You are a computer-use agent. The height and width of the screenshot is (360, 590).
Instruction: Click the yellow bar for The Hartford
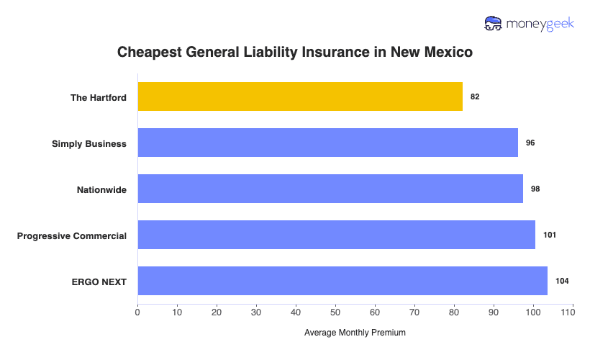point(300,96)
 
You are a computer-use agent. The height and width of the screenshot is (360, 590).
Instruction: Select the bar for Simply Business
point(327,143)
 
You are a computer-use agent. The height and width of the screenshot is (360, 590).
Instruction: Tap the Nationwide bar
point(330,189)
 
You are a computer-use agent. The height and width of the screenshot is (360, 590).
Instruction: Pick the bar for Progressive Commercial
point(336,235)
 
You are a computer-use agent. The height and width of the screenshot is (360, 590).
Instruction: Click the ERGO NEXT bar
point(342,281)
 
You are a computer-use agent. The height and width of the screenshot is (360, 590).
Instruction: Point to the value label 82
point(475,96)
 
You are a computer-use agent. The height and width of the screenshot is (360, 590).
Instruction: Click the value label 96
point(530,143)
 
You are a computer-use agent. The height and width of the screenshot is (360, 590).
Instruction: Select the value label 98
point(535,189)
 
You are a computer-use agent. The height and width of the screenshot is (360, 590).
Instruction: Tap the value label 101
point(550,235)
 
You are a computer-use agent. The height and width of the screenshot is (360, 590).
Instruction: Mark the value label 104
point(562,281)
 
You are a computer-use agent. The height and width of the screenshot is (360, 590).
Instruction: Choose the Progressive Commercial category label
point(72,235)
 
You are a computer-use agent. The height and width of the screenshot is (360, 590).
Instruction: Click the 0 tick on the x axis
point(137,313)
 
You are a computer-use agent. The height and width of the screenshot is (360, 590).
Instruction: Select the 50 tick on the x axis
point(335,313)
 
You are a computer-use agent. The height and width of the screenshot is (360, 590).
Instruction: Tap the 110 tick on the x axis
point(572,313)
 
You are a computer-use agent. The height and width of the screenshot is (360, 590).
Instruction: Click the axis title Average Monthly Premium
point(355,333)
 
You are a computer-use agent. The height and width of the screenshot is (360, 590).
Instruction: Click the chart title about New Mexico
point(295,53)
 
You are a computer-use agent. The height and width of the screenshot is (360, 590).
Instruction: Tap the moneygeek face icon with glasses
point(494,24)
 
